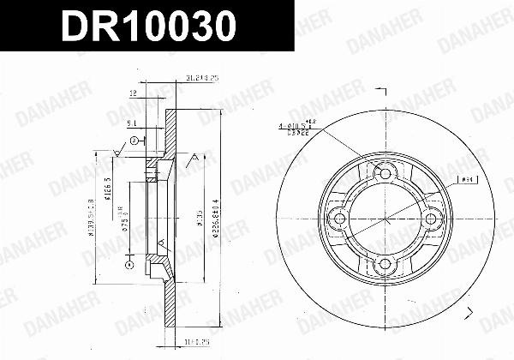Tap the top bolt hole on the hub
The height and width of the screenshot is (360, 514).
pyautogui.click(x=385, y=177)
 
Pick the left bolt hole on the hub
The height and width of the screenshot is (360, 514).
pyautogui.click(x=342, y=219)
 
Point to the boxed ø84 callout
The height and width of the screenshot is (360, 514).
pyautogui.click(x=467, y=180)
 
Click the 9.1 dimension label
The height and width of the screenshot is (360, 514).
pyautogui.click(x=129, y=124)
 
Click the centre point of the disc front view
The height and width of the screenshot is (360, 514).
pyautogui.click(x=385, y=219)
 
